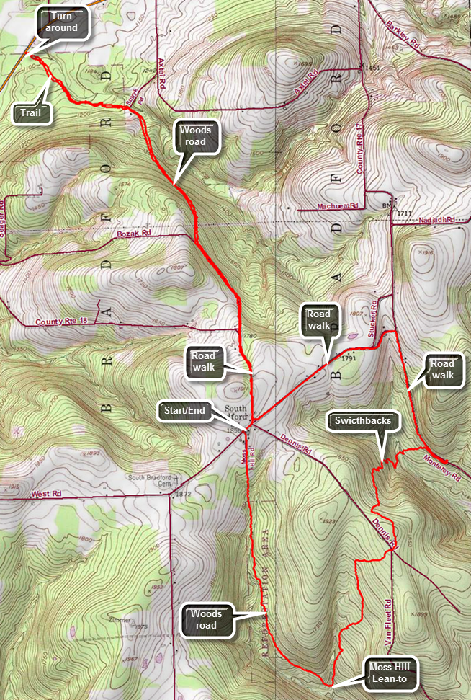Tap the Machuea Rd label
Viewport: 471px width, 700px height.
click(x=338, y=206)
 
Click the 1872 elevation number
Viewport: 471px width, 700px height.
click(x=183, y=494)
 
